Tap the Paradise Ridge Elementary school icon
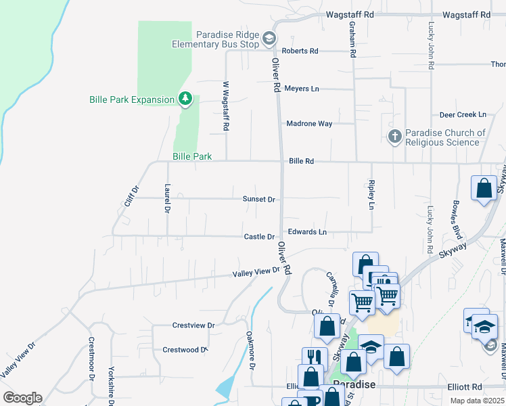click(x=269, y=38)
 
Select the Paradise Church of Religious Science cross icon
click(x=395, y=137)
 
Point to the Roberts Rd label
click(x=300, y=51)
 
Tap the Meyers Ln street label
click(x=301, y=89)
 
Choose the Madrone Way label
click(x=309, y=124)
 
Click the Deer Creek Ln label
click(x=463, y=115)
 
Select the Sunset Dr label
click(x=259, y=200)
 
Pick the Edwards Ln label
click(x=307, y=232)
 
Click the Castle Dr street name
click(x=259, y=237)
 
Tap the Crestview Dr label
click(x=193, y=325)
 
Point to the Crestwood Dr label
click(x=184, y=350)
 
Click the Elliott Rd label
click(x=465, y=387)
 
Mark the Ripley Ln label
click(x=371, y=194)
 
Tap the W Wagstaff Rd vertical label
click(x=226, y=106)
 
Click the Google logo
click(x=22, y=398)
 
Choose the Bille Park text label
click(x=192, y=156)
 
